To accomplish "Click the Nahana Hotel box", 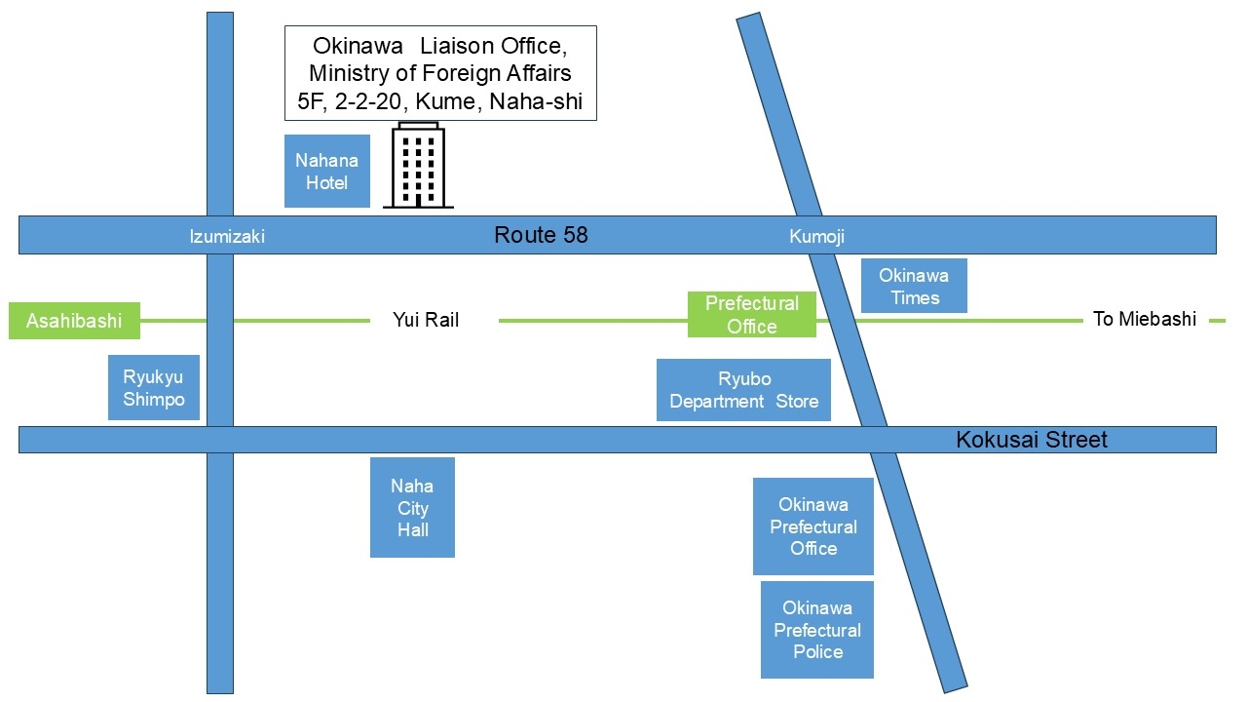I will pyautogui.click(x=326, y=172).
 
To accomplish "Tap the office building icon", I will pyautogui.click(x=418, y=166).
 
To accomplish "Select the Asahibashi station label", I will pyautogui.click(x=74, y=321).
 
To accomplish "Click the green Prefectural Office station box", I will pyautogui.click(x=751, y=315).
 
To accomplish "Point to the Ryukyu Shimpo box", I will pyautogui.click(x=153, y=388).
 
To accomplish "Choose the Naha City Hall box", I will pyautogui.click(x=412, y=508).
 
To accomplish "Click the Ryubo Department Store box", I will pyautogui.click(x=743, y=390).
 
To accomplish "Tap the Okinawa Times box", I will pyautogui.click(x=914, y=286).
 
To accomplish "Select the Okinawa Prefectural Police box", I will pyautogui.click(x=816, y=630).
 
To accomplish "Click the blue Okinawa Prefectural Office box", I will pyautogui.click(x=812, y=526).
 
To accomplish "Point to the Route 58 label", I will pyautogui.click(x=541, y=235).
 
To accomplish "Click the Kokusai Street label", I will pyautogui.click(x=1031, y=440).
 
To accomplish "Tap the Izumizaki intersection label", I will pyautogui.click(x=227, y=237).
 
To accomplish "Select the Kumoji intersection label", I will pyautogui.click(x=816, y=237).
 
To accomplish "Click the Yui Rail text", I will pyautogui.click(x=426, y=320).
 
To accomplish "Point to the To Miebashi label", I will pyautogui.click(x=1144, y=320).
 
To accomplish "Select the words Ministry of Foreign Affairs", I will pyautogui.click(x=440, y=73).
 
